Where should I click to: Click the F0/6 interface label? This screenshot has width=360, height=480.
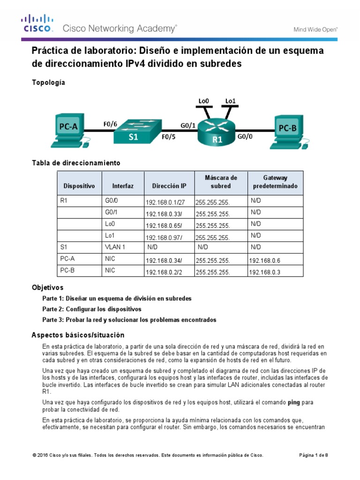click(110, 124)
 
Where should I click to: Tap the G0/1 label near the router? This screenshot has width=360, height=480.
click(188, 125)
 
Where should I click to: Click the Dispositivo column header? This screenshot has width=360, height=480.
click(79, 186)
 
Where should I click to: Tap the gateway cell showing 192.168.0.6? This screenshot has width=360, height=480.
click(264, 260)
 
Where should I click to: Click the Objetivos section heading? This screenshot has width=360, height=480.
click(47, 287)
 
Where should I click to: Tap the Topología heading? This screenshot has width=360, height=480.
click(48, 82)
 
